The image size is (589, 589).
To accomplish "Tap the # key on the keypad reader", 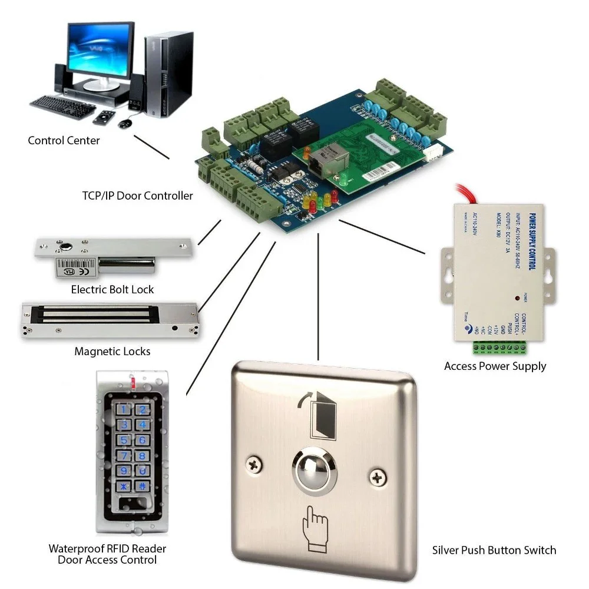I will pyautogui.click(x=142, y=487).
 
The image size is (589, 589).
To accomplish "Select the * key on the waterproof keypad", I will pyautogui.click(x=124, y=487).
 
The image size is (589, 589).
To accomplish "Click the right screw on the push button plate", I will pyautogui.click(x=377, y=474).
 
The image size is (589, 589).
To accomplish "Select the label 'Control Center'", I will pyautogui.click(x=64, y=141).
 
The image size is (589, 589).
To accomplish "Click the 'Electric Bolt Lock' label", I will pyautogui.click(x=112, y=289).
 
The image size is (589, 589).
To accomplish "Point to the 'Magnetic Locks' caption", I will pyautogui.click(x=112, y=352).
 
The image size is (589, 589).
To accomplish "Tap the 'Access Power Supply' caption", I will pyautogui.click(x=495, y=366).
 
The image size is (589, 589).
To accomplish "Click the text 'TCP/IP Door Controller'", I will pyautogui.click(x=137, y=196).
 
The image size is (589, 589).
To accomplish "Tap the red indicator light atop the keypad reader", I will pyautogui.click(x=134, y=383).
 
